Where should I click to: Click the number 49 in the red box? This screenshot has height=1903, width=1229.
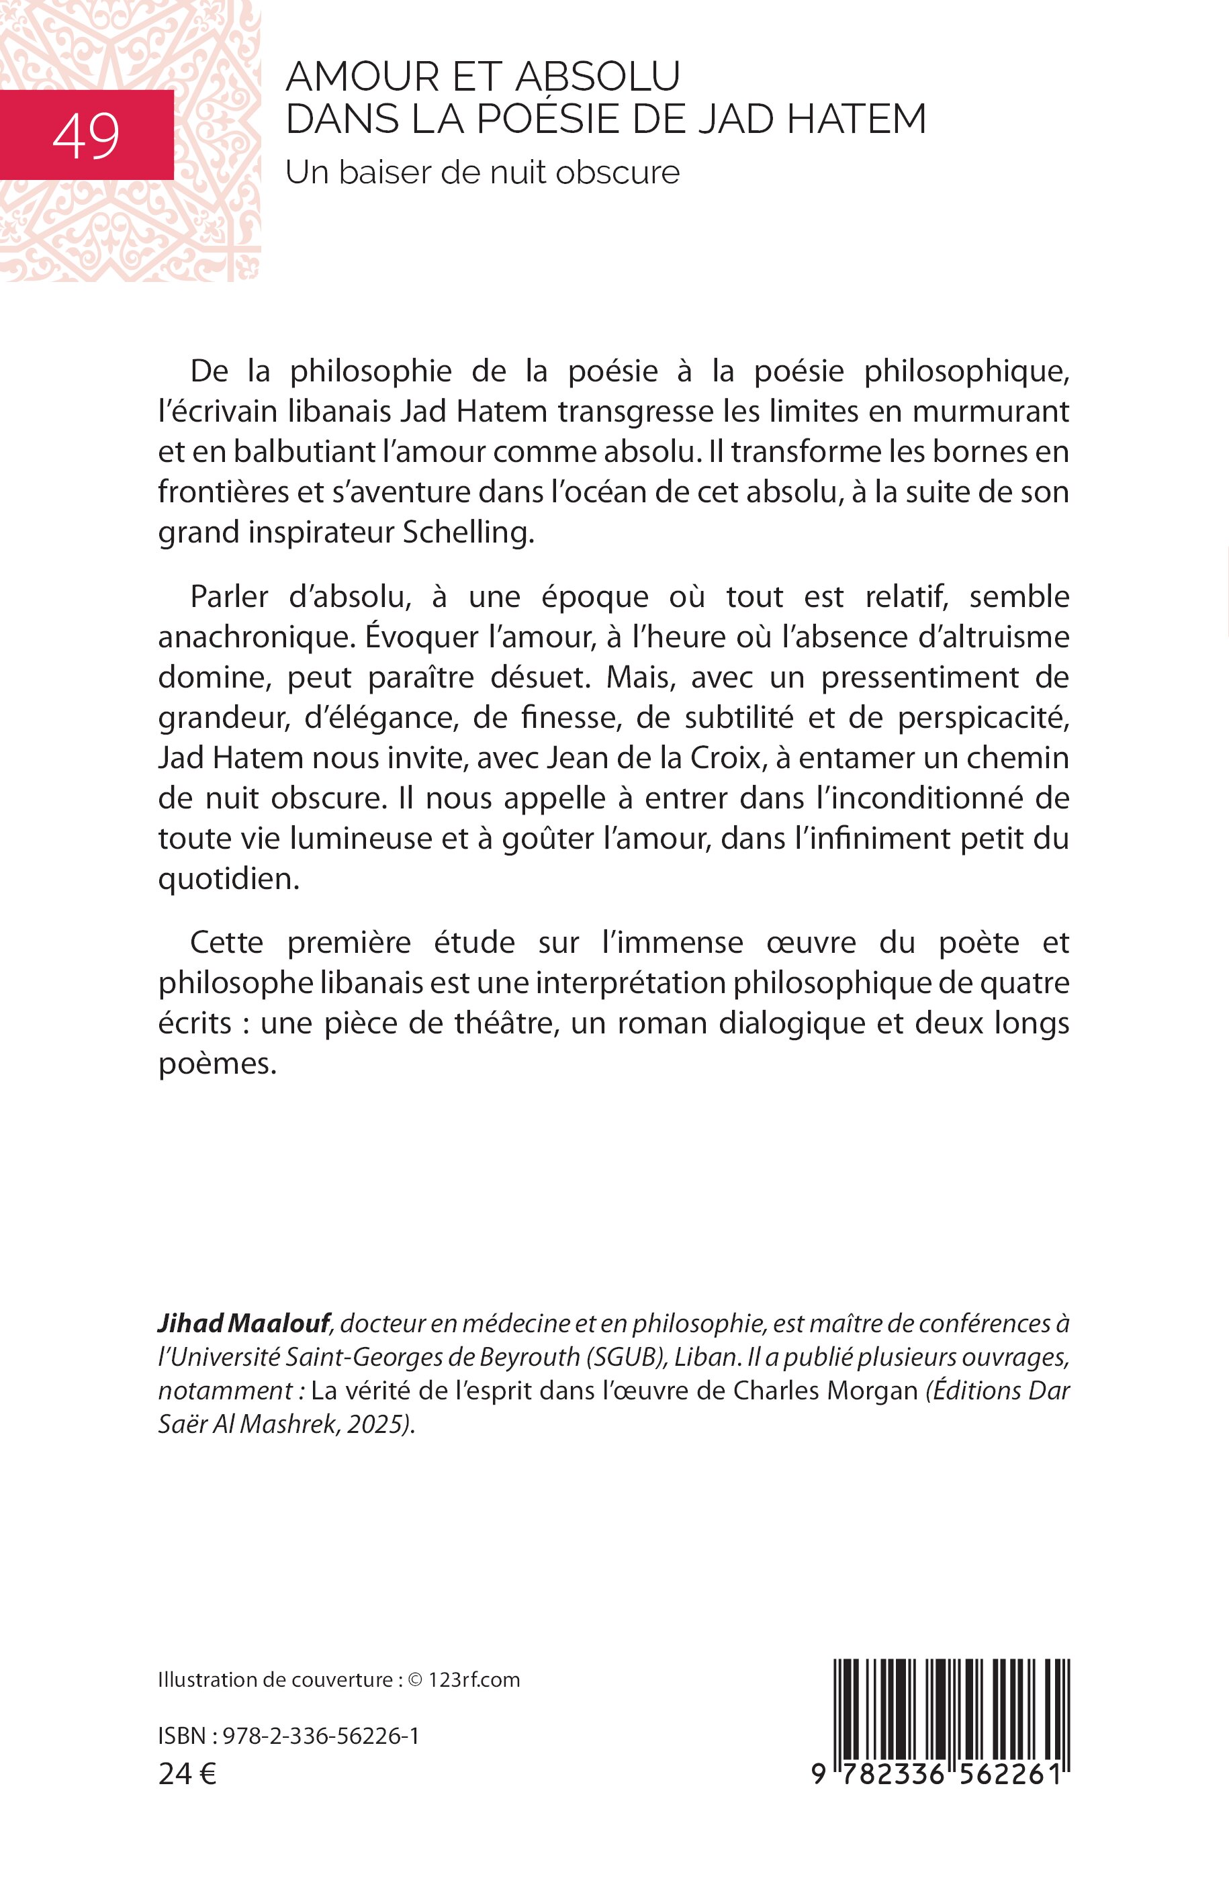[86, 136]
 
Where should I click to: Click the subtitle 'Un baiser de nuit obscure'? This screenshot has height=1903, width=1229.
[482, 173]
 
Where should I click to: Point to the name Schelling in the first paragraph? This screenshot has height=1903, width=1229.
[467, 533]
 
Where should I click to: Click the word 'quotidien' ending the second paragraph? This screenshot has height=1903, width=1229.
[228, 878]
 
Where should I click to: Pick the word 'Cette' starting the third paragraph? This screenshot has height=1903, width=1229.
[226, 942]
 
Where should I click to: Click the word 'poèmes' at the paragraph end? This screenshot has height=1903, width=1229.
[216, 1064]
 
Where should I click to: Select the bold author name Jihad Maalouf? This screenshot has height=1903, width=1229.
[243, 1324]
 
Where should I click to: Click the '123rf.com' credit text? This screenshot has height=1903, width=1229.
[474, 1680]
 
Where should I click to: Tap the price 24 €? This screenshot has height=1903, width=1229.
[187, 1774]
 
